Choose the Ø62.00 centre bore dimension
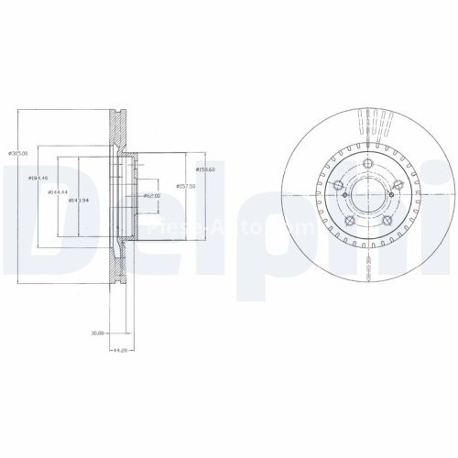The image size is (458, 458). pyautogui.click(x=152, y=195)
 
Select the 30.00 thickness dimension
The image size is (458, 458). pyautogui.click(x=96, y=333)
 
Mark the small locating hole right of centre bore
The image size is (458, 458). pyautogui.click(x=395, y=193)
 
